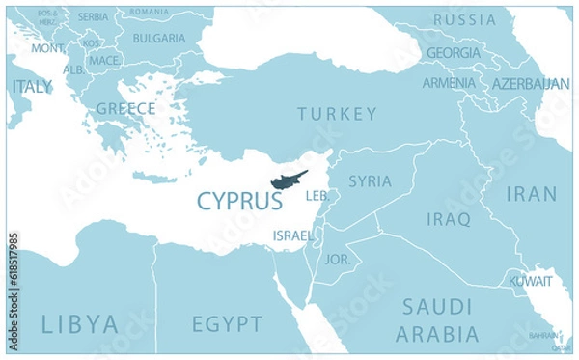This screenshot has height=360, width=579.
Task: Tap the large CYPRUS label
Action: pyautogui.click(x=239, y=201)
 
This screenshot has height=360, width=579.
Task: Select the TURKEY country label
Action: pyautogui.click(x=337, y=114)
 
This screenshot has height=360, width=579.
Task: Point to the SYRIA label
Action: pyautogui.click(x=370, y=180)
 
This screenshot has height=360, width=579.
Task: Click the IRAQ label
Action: pyautogui.click(x=448, y=219)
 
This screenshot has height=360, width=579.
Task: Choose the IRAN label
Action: pyautogui.click(x=532, y=194)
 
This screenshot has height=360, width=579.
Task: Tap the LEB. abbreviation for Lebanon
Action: pyautogui.click(x=317, y=196)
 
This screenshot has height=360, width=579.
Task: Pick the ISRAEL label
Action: pyautogui.click(x=292, y=235)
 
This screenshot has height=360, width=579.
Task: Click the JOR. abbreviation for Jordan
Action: pyautogui.click(x=338, y=260)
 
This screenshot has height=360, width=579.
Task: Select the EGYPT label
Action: pyautogui.click(x=227, y=322)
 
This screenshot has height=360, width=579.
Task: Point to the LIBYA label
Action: pyautogui.click(x=80, y=322)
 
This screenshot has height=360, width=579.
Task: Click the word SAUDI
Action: pyautogui.click(x=437, y=307)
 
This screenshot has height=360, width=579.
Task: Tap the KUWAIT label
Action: pyautogui.click(x=531, y=282)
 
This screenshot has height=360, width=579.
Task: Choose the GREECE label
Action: pyautogui.click(x=125, y=107)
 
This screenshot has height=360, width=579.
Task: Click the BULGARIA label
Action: pyautogui.click(x=158, y=39)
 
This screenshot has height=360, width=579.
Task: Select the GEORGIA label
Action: pyautogui.click(x=454, y=52)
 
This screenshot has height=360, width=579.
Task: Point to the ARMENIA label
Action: pyautogui.click(x=448, y=83)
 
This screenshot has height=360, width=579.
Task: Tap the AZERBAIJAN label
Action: pyautogui.click(x=530, y=84)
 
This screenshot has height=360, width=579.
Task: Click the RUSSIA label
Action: pyautogui.click(x=465, y=19)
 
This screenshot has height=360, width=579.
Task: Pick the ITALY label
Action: pyautogui.click(x=32, y=87)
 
